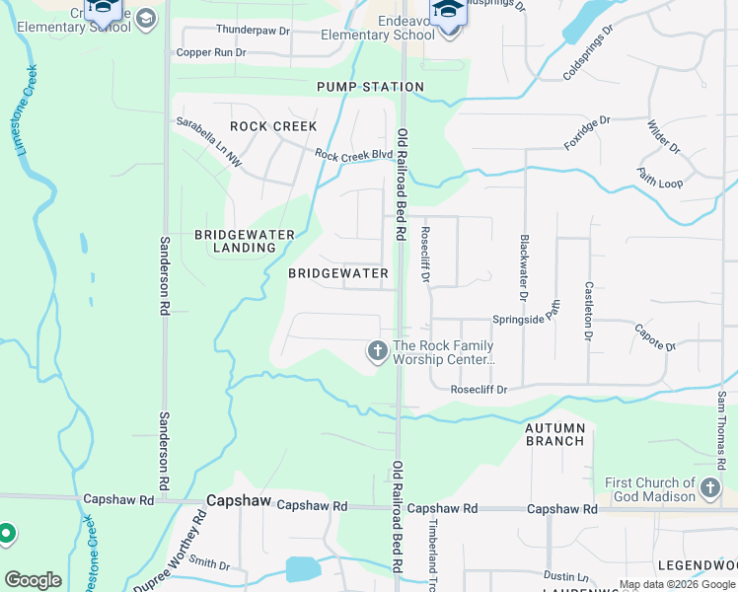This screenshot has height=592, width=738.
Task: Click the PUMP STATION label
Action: click(x=370, y=87)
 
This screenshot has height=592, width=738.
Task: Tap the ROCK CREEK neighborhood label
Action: click(x=273, y=126)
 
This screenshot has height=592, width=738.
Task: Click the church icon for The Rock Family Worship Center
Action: click(x=377, y=350)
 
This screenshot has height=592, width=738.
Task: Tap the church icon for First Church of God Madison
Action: click(x=709, y=488)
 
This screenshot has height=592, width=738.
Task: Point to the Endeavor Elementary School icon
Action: click(x=447, y=14)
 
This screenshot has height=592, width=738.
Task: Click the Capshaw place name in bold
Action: click(x=238, y=501)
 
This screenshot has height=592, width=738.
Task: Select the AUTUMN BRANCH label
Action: click(x=554, y=434)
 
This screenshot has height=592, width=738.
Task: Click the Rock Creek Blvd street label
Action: click(x=353, y=155)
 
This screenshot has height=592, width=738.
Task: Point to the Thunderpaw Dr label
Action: click(x=253, y=32)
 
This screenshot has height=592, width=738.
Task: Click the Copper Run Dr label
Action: click(x=209, y=51)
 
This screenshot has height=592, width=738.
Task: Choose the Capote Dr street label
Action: click(x=654, y=337)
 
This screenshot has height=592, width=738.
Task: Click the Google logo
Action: click(x=34, y=580)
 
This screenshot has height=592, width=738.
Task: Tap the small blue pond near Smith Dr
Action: click(x=303, y=569)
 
